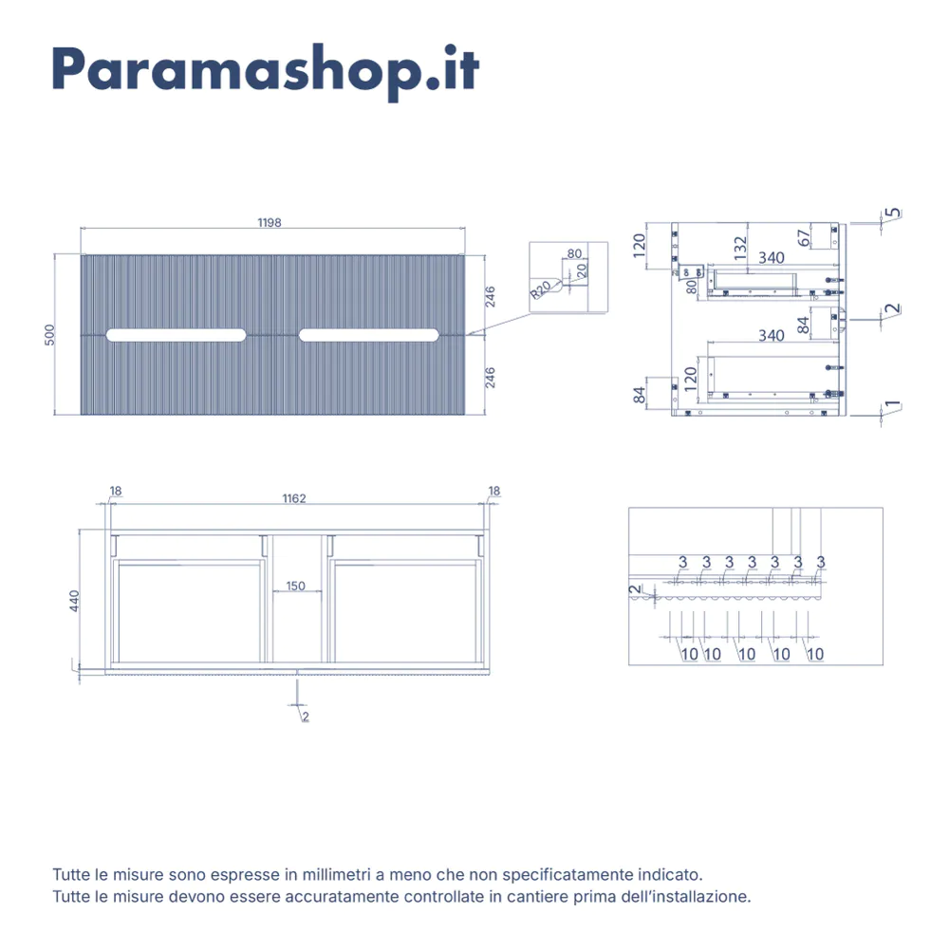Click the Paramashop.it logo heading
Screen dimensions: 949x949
tap(266, 72)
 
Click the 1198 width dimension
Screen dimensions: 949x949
tap(270, 223)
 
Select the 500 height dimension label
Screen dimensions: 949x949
tap(49, 335)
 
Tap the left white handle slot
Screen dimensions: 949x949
tap(177, 335)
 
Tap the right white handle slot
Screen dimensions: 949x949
tap(368, 335)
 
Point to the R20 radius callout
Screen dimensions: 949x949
tap(541, 289)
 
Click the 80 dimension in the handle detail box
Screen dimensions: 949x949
tap(574, 253)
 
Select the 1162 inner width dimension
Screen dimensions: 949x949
tap(294, 499)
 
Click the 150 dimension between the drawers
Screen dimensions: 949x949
tap(295, 586)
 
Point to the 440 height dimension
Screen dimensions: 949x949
tap(74, 601)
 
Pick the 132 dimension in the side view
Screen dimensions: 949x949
tap(740, 248)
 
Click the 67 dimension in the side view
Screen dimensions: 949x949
tap(804, 238)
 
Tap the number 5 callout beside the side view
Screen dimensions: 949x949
tap(893, 213)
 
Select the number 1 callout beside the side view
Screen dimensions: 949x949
tap(893, 404)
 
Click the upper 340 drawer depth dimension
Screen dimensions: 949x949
tap(772, 258)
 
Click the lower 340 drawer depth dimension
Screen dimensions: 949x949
tap(772, 335)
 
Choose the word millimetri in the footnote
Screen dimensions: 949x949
tap(337, 875)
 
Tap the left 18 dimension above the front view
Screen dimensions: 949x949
tap(116, 491)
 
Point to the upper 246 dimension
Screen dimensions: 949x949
tap(491, 296)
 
